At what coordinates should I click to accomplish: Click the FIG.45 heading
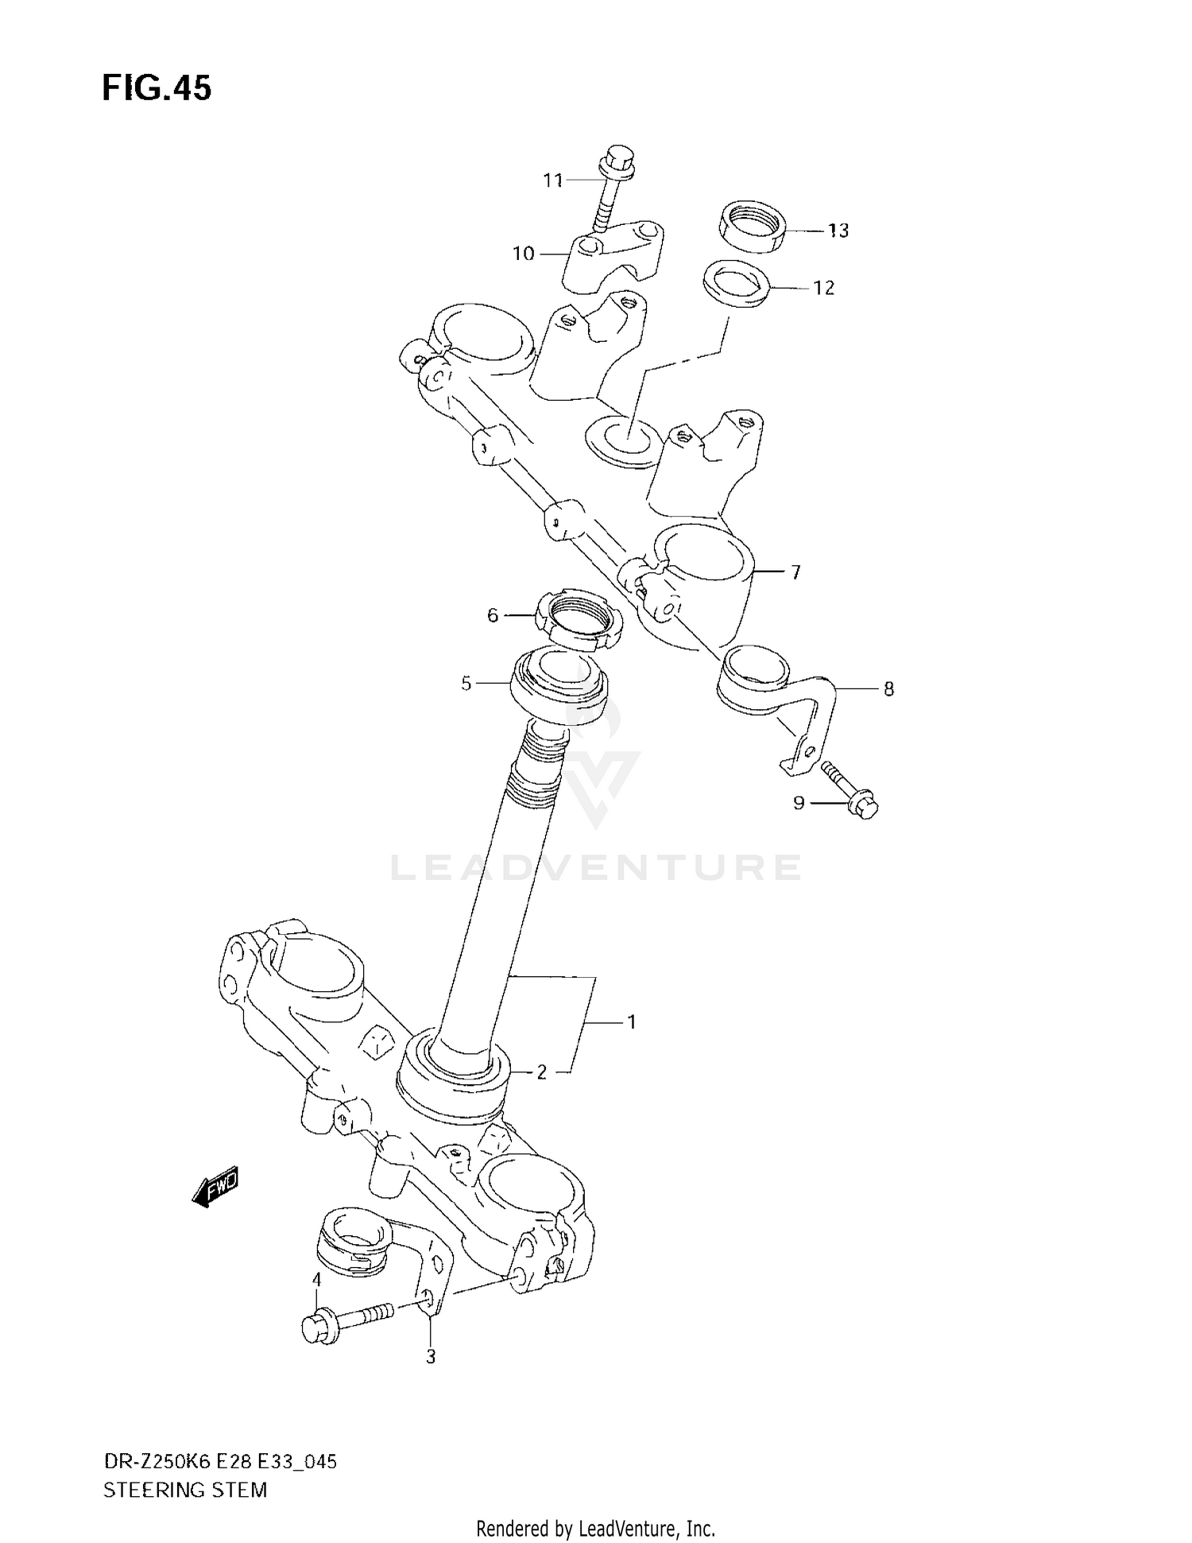(x=157, y=88)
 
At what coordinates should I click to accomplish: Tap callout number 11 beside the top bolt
(x=552, y=181)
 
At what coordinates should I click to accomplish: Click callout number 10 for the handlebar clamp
(x=523, y=254)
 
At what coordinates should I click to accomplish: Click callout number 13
(x=838, y=231)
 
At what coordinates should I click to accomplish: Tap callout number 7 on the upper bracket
(x=795, y=572)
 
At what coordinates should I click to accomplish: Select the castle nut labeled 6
(x=579, y=622)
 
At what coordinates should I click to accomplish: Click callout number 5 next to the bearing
(x=466, y=683)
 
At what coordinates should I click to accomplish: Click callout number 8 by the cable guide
(x=888, y=688)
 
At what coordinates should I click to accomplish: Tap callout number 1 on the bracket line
(x=632, y=1022)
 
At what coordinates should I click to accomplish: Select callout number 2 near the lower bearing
(x=541, y=1072)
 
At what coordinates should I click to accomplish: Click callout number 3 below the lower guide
(x=431, y=1357)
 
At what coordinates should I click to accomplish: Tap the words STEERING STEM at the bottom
(x=184, y=1489)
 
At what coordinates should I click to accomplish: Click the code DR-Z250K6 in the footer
(x=155, y=1461)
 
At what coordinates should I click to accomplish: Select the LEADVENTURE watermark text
(x=596, y=867)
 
